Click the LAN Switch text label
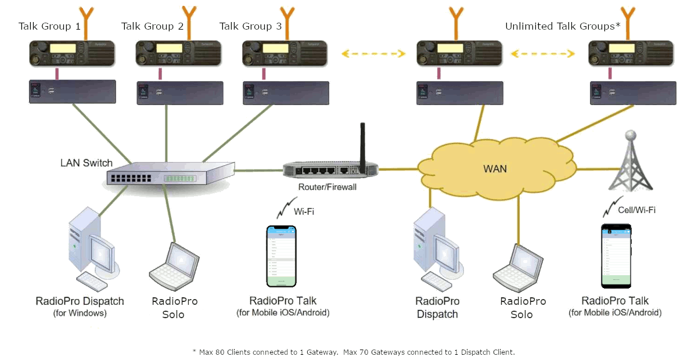click(87, 163)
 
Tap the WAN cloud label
click(495, 169)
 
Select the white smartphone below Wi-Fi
click(281, 255)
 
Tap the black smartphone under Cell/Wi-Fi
click(616, 255)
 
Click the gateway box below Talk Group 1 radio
click(73, 92)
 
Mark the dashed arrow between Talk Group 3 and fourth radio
click(372, 54)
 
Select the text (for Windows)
click(80, 314)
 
